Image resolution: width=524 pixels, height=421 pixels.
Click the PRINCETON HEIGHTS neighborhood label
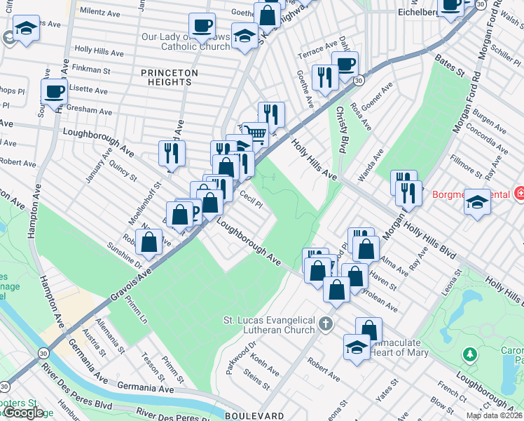click(169, 77)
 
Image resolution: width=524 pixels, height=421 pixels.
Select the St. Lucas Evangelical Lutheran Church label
click(269, 326)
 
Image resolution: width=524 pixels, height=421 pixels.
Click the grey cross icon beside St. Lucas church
click(324, 324)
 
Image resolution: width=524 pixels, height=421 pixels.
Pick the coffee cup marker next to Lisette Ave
click(54, 91)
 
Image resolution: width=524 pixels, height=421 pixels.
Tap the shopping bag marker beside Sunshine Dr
click(149, 242)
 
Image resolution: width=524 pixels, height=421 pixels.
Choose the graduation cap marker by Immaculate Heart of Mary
click(357, 347)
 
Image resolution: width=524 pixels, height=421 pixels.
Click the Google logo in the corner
click(23, 413)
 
